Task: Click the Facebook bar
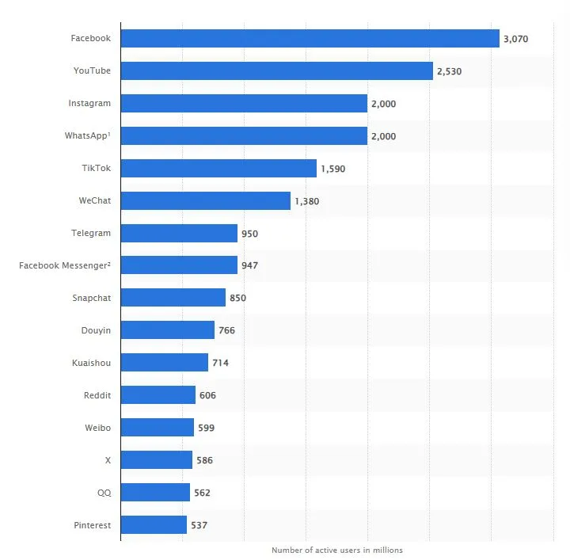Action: [310, 38]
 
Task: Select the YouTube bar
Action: [277, 70]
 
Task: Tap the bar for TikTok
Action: [218, 168]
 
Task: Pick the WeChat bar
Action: [206, 200]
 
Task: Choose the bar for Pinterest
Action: [154, 524]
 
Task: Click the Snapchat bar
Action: [173, 298]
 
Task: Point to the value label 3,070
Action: [515, 39]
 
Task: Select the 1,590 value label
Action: [332, 169]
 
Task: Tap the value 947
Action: [249, 265]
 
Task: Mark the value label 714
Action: [220, 363]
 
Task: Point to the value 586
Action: [204, 460]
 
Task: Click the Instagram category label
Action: [89, 103]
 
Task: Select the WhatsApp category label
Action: [87, 135]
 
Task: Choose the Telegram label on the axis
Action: [90, 233]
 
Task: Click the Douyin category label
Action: [94, 330]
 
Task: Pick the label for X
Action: [108, 460]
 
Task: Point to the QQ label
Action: [104, 492]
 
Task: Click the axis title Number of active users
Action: [336, 550]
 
